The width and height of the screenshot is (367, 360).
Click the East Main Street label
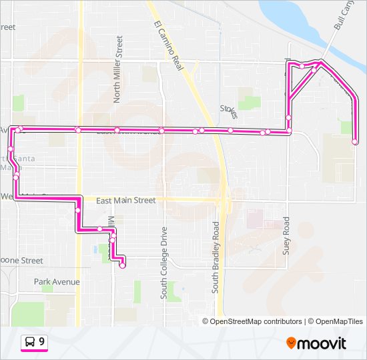tap(125, 200)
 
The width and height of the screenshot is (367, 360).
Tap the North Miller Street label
tap(118, 69)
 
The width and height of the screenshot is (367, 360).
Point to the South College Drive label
tap(163, 256)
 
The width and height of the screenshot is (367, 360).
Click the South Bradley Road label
tap(216, 257)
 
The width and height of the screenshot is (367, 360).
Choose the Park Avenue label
tap(57, 282)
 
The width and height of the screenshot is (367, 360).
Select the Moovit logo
tap(316, 343)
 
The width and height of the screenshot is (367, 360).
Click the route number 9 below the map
tap(42, 342)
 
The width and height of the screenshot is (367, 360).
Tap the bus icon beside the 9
tap(30, 342)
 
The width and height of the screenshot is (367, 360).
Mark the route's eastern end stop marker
tap(355, 141)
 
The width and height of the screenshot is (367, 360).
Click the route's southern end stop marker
tap(122, 266)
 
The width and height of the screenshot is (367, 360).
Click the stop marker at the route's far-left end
tap(11, 149)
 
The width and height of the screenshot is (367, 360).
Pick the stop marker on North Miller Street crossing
tap(117, 130)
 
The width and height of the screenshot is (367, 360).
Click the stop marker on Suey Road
tap(289, 118)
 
